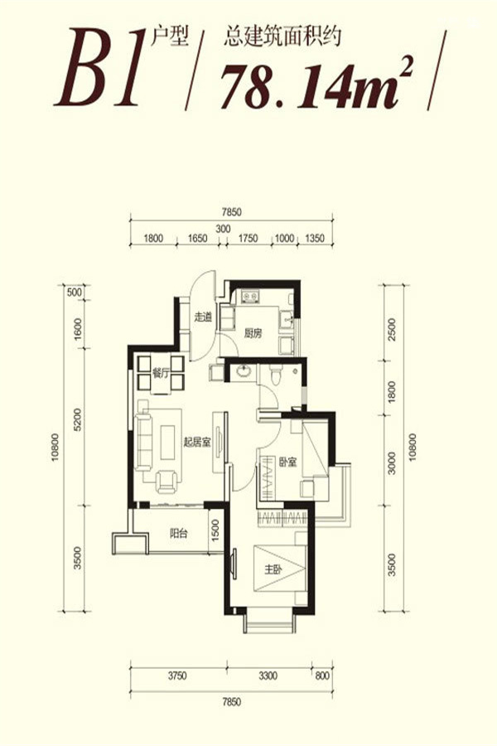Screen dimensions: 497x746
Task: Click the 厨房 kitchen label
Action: (x=253, y=333)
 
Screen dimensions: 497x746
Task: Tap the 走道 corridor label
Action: (x=203, y=317)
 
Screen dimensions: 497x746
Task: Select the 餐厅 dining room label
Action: (x=162, y=374)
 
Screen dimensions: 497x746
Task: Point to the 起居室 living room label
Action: (x=197, y=443)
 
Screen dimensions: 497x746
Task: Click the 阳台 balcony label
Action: (x=178, y=533)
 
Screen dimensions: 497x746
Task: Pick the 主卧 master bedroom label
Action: (x=273, y=569)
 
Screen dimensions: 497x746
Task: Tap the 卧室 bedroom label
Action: (x=287, y=462)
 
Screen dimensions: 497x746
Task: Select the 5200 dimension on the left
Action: (x=79, y=419)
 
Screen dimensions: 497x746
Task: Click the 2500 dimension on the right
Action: (x=392, y=328)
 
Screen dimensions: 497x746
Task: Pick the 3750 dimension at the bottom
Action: (x=177, y=676)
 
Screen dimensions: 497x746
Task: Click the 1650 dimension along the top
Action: (x=197, y=238)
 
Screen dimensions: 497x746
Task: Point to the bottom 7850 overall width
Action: (x=232, y=702)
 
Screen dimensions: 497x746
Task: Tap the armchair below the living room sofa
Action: (x=167, y=481)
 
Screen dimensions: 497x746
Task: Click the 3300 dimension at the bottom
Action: (x=268, y=676)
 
